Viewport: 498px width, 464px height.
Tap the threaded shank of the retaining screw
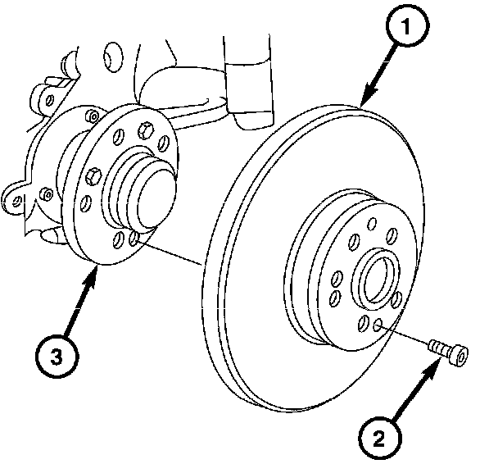438,348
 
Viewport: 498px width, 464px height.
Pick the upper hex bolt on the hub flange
147,129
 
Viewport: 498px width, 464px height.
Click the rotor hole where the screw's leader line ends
378,327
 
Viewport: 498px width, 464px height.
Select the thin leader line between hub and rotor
172,253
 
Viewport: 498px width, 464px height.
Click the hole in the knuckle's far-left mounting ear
12,197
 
